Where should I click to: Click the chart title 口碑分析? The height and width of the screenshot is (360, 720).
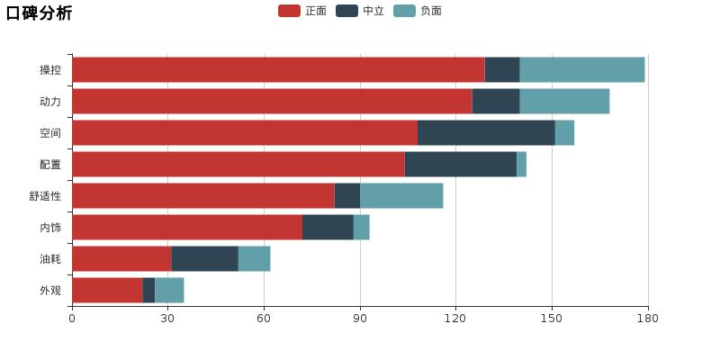tap(39, 13)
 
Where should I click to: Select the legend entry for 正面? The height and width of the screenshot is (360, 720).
tap(303, 11)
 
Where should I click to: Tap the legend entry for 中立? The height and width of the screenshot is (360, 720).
tap(361, 11)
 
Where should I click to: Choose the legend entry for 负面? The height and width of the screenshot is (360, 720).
tap(418, 11)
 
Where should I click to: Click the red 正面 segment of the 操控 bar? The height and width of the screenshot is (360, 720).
tap(277, 69)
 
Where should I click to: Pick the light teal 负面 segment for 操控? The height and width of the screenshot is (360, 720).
tap(582, 69)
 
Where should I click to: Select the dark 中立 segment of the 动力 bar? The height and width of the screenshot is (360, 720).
tap(496, 101)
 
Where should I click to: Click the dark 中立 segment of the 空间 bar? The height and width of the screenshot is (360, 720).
tap(486, 132)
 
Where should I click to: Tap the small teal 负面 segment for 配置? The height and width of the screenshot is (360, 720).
tap(521, 164)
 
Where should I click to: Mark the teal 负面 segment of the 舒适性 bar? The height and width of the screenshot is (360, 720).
tap(401, 195)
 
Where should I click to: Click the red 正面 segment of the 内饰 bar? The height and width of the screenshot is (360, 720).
tap(186, 227)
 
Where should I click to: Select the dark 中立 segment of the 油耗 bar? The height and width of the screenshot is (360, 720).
tap(204, 258)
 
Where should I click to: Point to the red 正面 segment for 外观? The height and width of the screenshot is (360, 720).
tap(107, 290)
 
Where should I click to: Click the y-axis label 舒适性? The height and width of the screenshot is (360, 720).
tap(45, 196)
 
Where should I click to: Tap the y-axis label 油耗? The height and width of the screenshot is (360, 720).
tap(50, 259)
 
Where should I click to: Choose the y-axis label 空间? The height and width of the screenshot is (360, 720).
tap(50, 133)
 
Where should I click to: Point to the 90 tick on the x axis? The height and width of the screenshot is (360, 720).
tap(360, 318)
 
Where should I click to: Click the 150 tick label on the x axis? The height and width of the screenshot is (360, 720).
tap(552, 318)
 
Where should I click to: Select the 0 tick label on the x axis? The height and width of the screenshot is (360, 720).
tap(72, 318)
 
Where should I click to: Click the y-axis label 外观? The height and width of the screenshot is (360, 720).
tap(50, 291)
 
